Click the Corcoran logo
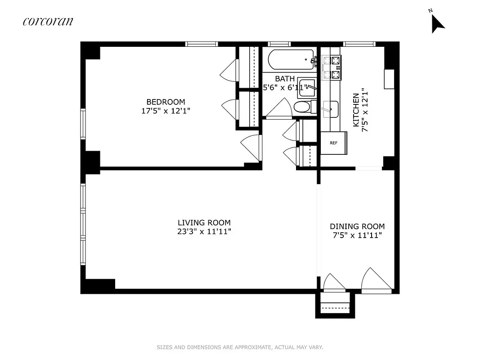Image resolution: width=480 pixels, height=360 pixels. (x=48, y=21)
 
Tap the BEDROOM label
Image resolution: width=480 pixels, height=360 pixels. (x=165, y=102)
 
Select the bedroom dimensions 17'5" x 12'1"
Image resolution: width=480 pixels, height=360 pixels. (x=165, y=111)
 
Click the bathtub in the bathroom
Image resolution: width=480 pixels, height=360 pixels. (x=291, y=59)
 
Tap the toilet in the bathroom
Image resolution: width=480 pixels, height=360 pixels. (x=302, y=107)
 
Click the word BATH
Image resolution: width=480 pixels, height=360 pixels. (x=285, y=79)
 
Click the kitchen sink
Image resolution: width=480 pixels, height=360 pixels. (x=331, y=108)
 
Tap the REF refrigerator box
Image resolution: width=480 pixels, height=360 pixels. (x=333, y=143)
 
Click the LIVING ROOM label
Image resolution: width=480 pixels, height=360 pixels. (x=204, y=222)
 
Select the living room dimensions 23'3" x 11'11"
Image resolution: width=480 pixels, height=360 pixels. (x=204, y=232)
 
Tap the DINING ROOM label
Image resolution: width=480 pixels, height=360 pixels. (x=357, y=226)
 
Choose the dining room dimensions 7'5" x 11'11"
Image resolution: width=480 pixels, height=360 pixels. (x=357, y=235)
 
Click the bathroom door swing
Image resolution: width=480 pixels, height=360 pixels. (x=281, y=108)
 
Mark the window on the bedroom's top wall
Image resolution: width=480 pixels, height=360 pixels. (x=202, y=44)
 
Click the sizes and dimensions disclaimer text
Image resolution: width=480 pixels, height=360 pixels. (x=240, y=347)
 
